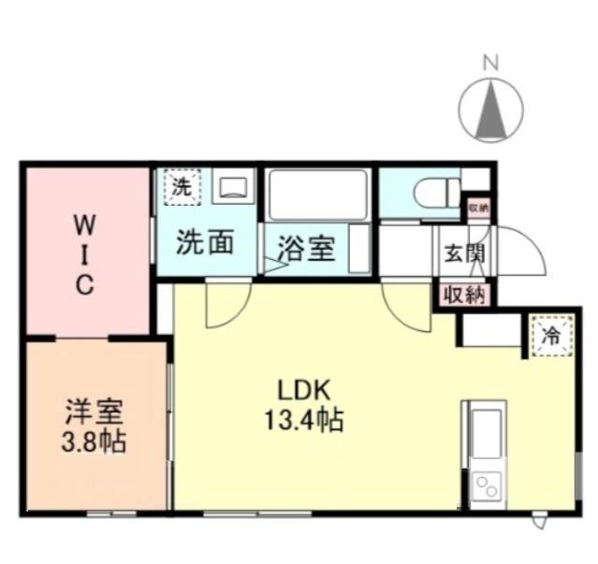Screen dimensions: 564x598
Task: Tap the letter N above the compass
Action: pyautogui.click(x=489, y=63)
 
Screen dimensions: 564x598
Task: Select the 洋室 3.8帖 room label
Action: pyautogui.click(x=95, y=426)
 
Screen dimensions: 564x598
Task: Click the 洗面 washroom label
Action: pyautogui.click(x=203, y=243)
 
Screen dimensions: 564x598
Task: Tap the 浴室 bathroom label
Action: pyautogui.click(x=308, y=250)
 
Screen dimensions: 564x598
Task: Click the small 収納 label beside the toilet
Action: pyautogui.click(x=478, y=207)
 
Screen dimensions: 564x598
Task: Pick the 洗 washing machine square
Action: pyautogui.click(x=182, y=185)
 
